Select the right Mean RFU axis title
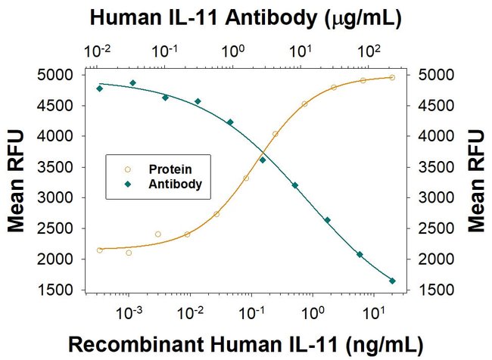(476, 181)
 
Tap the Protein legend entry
(163, 169)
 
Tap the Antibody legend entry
(166, 182)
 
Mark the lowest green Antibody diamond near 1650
(392, 281)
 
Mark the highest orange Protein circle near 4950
(392, 77)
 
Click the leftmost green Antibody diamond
(100, 88)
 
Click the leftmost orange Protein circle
(100, 250)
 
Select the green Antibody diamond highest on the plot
(132, 83)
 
